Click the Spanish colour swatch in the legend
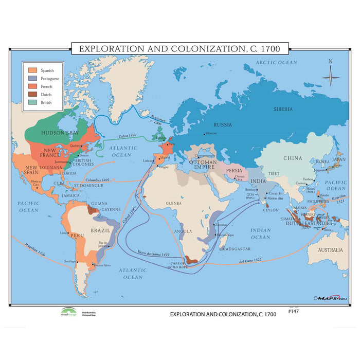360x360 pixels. pos(32,70)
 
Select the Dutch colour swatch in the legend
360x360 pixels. pos(32,94)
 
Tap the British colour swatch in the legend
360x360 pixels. pos(32,102)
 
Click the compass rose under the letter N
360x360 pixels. pos(330,78)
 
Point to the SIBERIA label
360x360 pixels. pos(283,109)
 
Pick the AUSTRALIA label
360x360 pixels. pos(329,250)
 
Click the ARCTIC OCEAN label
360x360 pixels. pos(278,62)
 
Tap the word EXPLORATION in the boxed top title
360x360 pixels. pos(110,49)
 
